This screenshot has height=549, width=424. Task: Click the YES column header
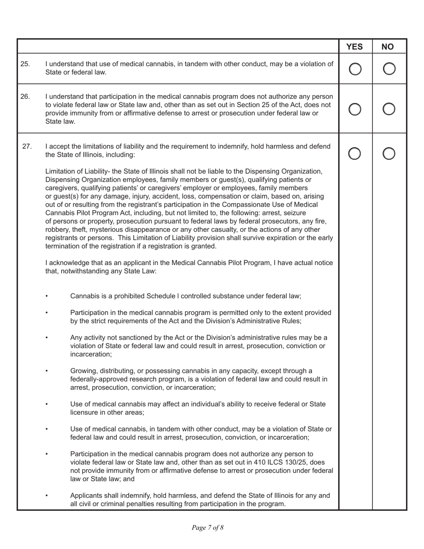pos(355,46)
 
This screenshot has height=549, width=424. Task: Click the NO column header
pos(389,46)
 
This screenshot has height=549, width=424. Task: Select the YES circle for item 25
pos(355,69)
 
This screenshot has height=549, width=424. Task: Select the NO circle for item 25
pos(389,69)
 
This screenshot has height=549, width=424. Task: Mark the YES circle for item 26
pos(355,109)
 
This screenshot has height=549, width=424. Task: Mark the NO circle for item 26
pos(389,109)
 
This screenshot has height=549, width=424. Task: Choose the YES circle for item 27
pos(355,154)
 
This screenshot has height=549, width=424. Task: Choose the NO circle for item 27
pos(389,154)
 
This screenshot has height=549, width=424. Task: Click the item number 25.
pos(25,64)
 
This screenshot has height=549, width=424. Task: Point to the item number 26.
pos(25,96)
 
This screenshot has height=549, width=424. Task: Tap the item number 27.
pos(27,146)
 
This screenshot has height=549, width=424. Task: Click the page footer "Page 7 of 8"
pos(208,528)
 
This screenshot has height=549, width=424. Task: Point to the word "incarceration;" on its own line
pos(91,354)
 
